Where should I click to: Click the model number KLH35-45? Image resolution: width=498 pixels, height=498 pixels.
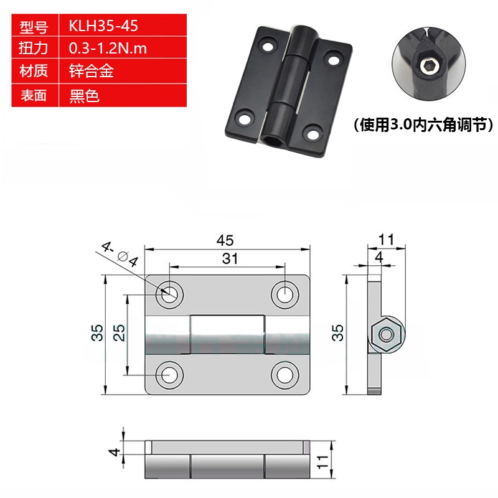pos(103,27)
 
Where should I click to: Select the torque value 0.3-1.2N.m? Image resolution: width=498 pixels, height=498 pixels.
pos(108,49)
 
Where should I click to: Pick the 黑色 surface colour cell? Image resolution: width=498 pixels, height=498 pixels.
pos(83,95)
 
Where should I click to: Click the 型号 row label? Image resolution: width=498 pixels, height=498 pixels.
pos(34,27)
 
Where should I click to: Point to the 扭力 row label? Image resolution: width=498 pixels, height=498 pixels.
pos(34,49)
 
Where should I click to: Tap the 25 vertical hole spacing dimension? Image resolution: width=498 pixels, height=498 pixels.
pos(121,334)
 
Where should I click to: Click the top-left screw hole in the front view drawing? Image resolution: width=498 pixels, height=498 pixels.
pos(169,293)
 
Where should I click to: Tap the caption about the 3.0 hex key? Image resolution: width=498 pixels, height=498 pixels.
pos(423,125)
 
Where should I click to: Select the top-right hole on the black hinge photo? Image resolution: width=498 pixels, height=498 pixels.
pos(334,61)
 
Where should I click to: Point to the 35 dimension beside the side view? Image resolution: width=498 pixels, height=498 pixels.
pos(337,333)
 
